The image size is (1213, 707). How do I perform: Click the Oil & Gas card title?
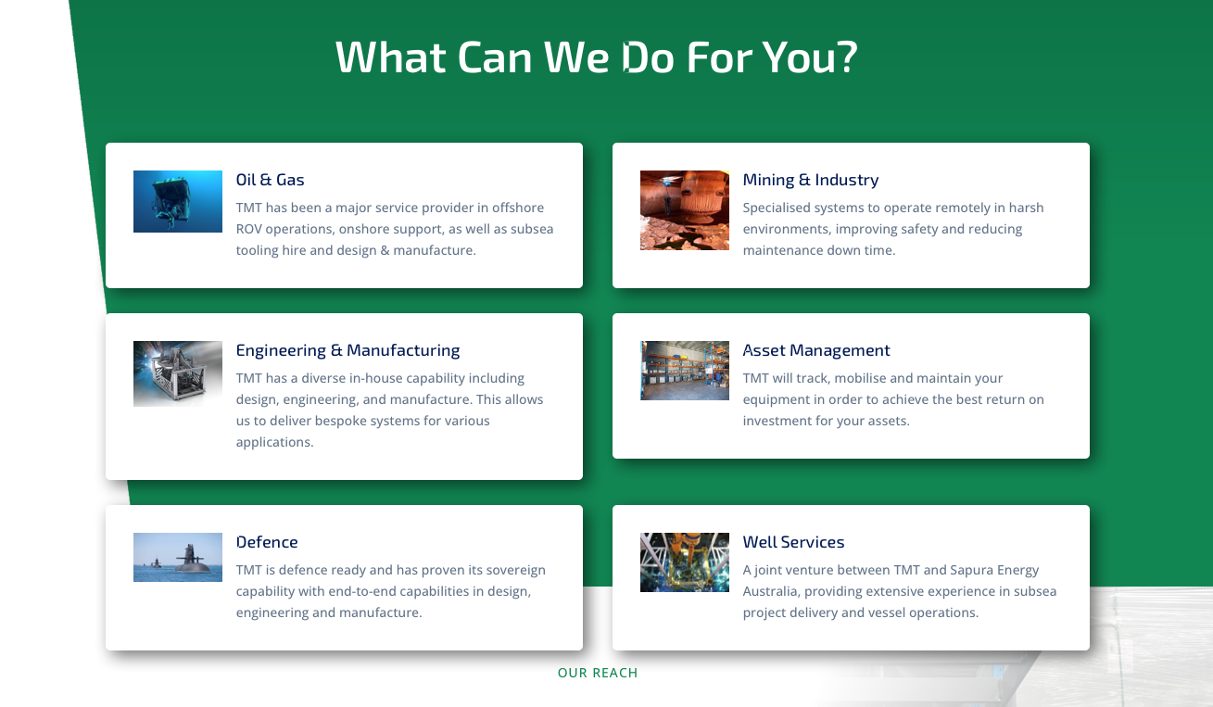[x=270, y=180]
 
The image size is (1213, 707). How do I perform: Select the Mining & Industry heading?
[x=810, y=180]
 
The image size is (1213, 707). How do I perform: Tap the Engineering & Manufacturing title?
[x=347, y=350]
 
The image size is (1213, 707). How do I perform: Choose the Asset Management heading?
[x=816, y=350]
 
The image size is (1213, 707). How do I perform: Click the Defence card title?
[x=267, y=542]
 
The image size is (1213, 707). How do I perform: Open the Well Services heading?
[x=793, y=542]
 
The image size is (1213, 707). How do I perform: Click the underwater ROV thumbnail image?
[x=178, y=201]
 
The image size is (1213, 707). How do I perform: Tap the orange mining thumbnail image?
[x=685, y=210]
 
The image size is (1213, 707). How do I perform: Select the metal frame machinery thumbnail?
[x=178, y=373]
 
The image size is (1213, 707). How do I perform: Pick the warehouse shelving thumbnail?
[x=685, y=371]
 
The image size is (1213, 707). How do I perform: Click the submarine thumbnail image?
[x=178, y=557]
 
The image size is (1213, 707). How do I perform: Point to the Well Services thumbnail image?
[x=685, y=562]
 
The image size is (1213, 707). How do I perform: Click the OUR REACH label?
[x=598, y=673]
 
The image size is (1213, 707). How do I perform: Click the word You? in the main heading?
[x=810, y=57]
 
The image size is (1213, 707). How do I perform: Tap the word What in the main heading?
[x=390, y=57]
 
